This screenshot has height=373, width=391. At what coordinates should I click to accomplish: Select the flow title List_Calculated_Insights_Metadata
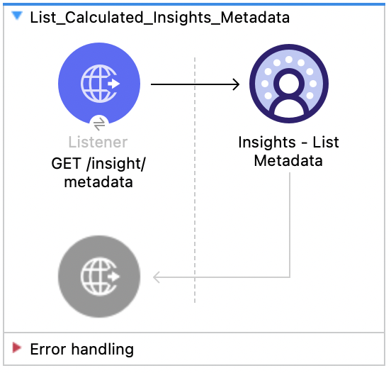point(160,18)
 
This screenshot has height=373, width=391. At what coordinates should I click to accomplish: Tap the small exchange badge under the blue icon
point(99,123)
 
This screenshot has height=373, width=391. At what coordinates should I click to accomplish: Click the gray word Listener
point(99,143)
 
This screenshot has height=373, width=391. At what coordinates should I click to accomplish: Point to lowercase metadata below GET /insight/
point(99,182)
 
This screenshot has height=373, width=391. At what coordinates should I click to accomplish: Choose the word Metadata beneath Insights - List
point(288,161)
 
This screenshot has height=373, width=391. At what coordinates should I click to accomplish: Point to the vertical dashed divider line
point(195,213)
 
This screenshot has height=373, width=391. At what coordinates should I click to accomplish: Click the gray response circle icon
point(99,276)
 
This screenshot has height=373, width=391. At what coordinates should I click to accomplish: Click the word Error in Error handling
point(46,349)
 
